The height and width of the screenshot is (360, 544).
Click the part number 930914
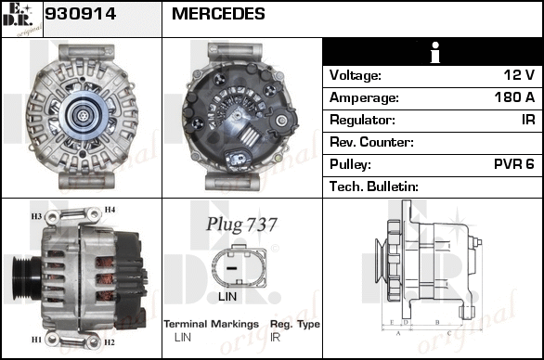pos(80,14)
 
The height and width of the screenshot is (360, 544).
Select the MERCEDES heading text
pos(218,14)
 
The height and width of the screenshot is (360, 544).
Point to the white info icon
pos(435,52)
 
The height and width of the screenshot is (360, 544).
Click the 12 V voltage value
pos(519,75)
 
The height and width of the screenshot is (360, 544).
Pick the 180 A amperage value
pos(514,97)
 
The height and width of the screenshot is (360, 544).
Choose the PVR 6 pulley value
pos(514,164)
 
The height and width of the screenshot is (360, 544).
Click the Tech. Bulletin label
pos(374,186)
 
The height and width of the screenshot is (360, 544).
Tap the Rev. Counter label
pos(371,142)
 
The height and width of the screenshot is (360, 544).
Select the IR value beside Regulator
pos(528,120)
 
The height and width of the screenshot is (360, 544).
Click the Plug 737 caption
pos(241,224)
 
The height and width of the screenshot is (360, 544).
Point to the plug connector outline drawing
pos(239,266)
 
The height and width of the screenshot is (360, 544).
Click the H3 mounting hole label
pos(36,216)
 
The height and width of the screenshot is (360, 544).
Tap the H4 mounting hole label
pos(110,210)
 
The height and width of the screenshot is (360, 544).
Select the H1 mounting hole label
pos(36,340)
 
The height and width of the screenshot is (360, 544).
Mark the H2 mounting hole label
pos(110,342)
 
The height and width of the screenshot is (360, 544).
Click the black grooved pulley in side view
pos(26,278)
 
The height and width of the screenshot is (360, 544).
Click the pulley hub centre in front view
pos(83,115)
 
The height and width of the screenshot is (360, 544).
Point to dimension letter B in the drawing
pos(437,322)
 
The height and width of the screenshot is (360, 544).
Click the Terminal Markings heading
pos(212,324)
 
